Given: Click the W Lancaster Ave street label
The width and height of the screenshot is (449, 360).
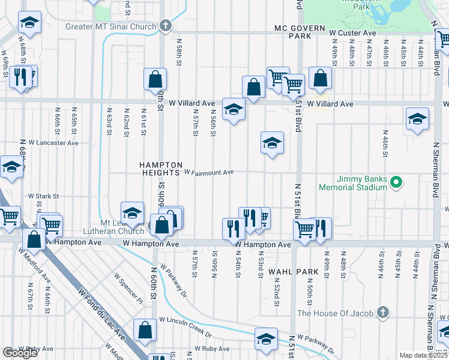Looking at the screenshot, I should click(54, 143).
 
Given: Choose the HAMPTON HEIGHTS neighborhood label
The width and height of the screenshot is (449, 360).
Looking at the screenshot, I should click(160, 168).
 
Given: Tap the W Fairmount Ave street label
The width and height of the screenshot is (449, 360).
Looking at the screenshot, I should click(208, 172).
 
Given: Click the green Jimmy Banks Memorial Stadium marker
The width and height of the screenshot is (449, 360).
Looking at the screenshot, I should click(396, 182).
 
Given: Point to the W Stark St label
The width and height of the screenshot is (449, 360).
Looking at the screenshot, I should click(44, 196).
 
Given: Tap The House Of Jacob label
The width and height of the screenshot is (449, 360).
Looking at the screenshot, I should click(336, 313).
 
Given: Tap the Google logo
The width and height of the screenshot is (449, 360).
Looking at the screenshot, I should click(20, 353).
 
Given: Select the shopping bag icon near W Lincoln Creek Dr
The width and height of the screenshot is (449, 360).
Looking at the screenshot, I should click(145, 329).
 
